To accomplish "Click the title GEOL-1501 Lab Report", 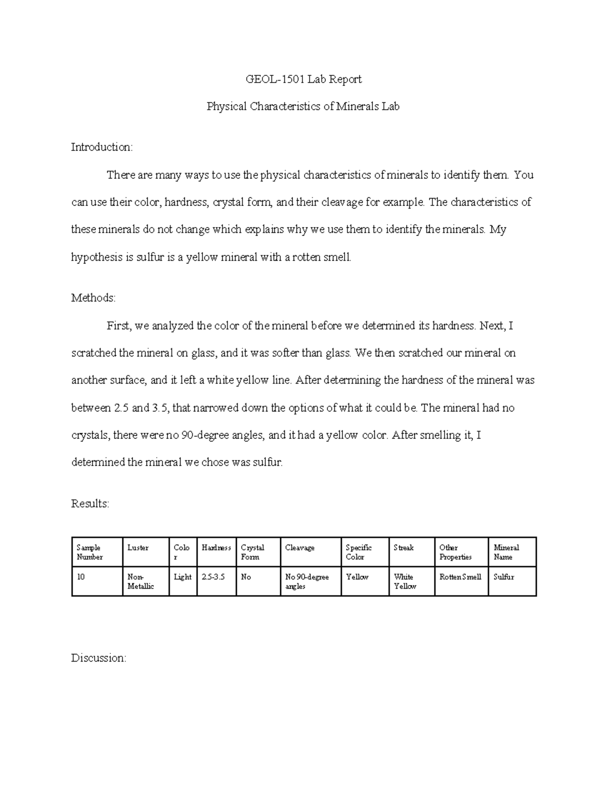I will point(303,79).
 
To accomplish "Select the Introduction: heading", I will point(102,147).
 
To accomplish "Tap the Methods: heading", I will point(94,298).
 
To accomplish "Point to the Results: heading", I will point(90,504).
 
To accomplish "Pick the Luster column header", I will point(138,548).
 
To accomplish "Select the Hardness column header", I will point(216,548).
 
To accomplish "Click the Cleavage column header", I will point(299,548).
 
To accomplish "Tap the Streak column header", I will point(404,548).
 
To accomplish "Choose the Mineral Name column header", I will point(506,552).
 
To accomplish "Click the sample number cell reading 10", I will point(81,577).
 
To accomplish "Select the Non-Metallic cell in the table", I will point(141,582).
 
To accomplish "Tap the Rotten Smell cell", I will point(460,577).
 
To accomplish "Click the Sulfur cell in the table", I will point(504,577).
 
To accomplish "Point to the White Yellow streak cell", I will point(405,582).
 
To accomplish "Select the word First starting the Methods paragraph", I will point(118,326).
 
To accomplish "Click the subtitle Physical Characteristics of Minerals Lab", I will point(303,107).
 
